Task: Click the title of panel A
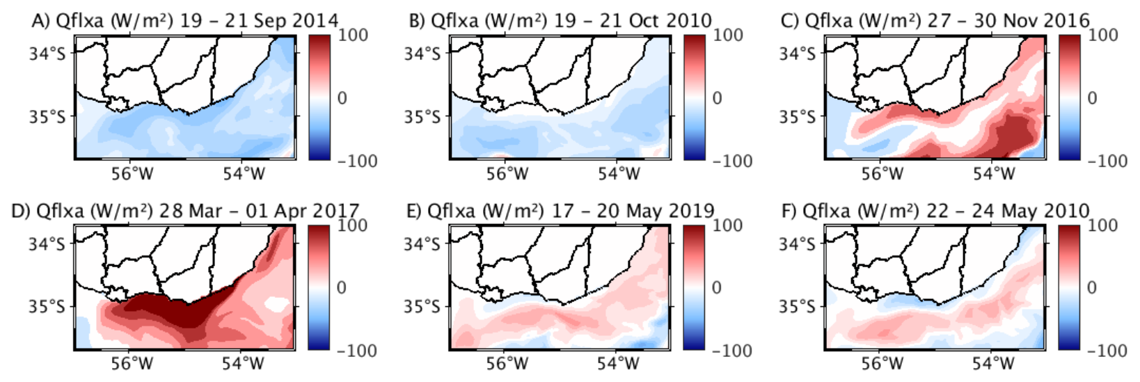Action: [x=185, y=20]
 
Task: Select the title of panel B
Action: [x=560, y=20]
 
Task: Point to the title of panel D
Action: [x=185, y=210]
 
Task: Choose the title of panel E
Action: [x=560, y=210]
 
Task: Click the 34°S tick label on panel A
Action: [x=47, y=54]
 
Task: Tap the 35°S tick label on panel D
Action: [x=47, y=306]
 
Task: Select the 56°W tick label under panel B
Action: [x=506, y=173]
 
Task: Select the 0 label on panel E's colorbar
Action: [x=717, y=287]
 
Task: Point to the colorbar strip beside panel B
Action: [x=695, y=97]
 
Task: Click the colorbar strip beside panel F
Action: [x=1069, y=287]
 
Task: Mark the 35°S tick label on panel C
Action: [x=798, y=116]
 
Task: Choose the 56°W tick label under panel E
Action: [x=506, y=363]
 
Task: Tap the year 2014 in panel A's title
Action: [x=313, y=20]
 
